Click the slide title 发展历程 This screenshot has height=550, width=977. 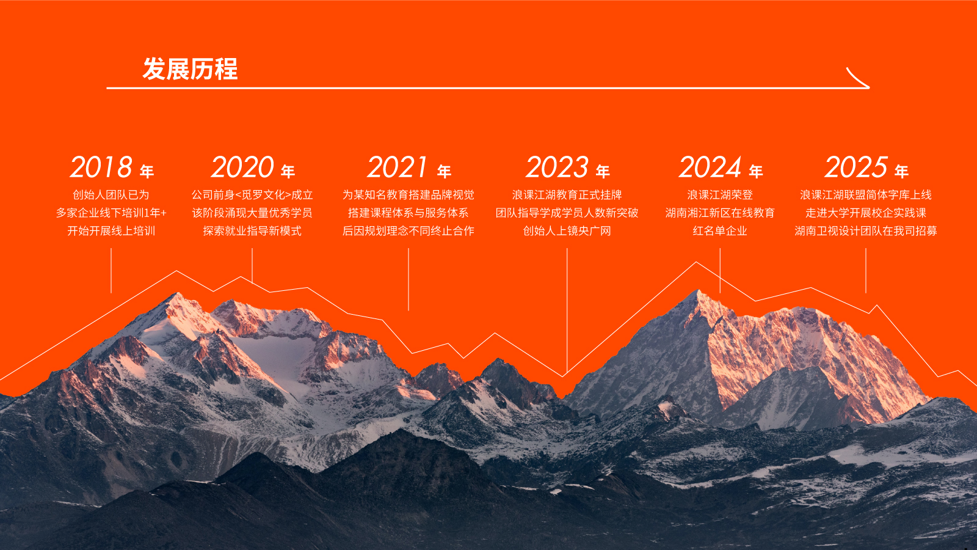[x=190, y=68]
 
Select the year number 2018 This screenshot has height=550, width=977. [x=101, y=167]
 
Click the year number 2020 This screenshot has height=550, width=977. [x=242, y=167]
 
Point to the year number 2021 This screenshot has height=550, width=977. [x=397, y=167]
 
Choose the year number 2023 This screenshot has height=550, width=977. [x=557, y=167]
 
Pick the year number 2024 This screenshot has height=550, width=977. [x=710, y=167]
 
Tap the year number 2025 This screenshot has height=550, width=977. [x=855, y=167]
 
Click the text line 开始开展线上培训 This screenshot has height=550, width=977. [x=111, y=230]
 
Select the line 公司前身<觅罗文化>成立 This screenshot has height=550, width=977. [x=252, y=195]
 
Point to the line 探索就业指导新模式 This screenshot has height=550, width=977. [x=252, y=230]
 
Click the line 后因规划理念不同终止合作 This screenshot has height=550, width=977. [x=409, y=230]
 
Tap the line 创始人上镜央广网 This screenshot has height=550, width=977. [x=567, y=230]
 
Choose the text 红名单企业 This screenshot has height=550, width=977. [x=720, y=230]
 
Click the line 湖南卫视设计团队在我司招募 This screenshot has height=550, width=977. [x=866, y=230]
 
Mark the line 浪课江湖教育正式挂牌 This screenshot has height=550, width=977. [x=567, y=195]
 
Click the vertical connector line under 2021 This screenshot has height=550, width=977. [x=409, y=279]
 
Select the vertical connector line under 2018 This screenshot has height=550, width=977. [x=111, y=271]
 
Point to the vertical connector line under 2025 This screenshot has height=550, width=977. [x=866, y=271]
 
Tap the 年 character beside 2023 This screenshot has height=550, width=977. [x=603, y=171]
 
